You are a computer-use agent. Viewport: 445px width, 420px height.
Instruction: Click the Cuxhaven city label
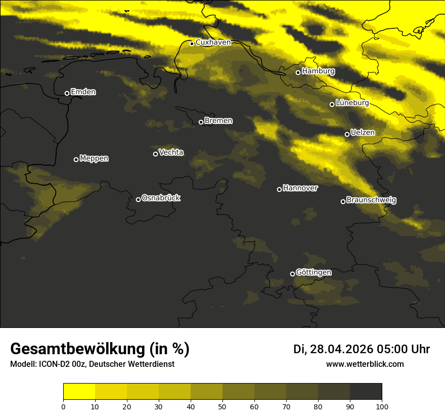click(213, 43)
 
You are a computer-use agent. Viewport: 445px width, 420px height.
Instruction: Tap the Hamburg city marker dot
click(298, 72)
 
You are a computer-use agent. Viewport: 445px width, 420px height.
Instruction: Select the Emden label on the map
click(83, 92)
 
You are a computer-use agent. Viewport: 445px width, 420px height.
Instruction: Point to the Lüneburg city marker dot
click(332, 104)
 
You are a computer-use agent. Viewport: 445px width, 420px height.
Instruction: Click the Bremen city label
click(218, 121)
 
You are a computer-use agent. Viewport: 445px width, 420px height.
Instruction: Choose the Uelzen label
click(363, 133)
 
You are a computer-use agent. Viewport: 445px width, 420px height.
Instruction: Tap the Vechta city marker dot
click(155, 154)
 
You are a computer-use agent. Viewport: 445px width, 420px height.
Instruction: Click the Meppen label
click(94, 158)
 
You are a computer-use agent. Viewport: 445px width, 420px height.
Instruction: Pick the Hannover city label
click(300, 188)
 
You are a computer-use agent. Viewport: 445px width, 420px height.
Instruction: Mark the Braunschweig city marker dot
click(343, 201)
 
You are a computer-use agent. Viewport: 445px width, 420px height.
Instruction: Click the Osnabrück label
click(161, 198)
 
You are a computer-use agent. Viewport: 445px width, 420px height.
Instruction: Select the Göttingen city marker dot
click(292, 274)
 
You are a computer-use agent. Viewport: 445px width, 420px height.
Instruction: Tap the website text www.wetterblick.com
click(365, 364)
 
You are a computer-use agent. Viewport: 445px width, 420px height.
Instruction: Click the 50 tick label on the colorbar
click(223, 406)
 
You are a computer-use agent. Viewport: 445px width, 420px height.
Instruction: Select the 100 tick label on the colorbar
click(382, 406)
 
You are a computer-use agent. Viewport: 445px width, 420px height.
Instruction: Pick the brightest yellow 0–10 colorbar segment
click(79, 392)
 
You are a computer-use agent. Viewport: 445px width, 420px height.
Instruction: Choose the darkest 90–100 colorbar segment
click(366, 392)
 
